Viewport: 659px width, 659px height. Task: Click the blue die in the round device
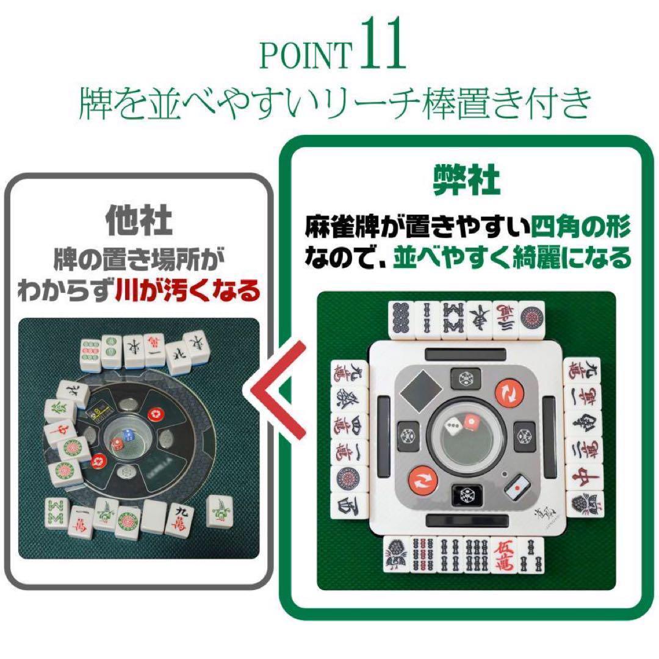click(x=128, y=435)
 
